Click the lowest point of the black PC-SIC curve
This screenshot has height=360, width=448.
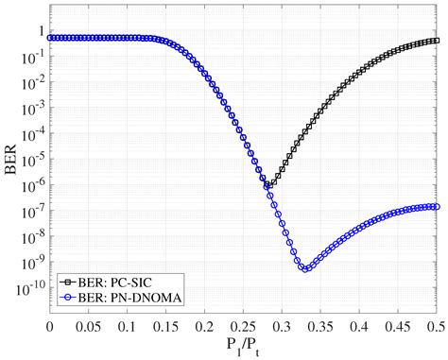point(269,185)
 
